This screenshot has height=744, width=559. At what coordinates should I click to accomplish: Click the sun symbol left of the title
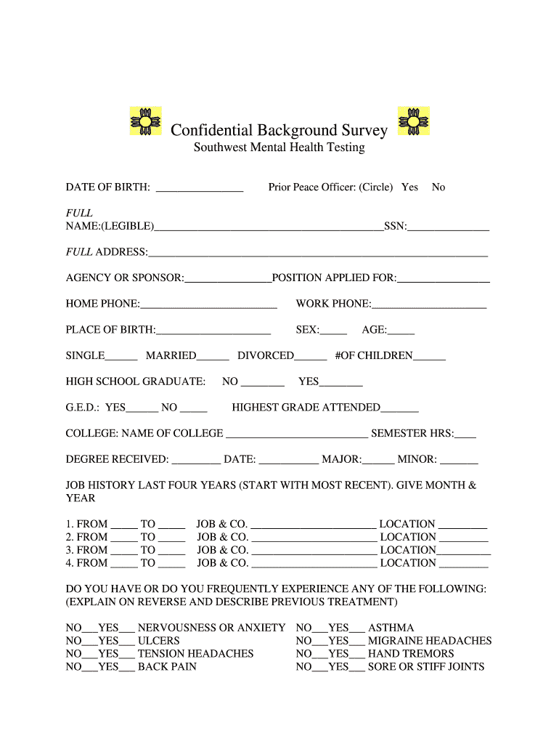point(145,121)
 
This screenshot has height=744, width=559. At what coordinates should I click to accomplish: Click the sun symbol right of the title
point(414,121)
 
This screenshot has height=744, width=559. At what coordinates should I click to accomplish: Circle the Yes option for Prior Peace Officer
point(409,187)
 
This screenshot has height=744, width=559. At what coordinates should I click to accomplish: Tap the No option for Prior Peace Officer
point(438,187)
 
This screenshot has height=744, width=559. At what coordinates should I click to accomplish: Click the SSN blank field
point(448,227)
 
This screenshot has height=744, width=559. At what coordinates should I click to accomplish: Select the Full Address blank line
point(317,253)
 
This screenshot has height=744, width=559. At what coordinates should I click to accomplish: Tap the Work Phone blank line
point(428,304)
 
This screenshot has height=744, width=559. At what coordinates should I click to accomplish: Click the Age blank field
point(401,331)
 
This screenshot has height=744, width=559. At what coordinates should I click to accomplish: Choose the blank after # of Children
point(429,356)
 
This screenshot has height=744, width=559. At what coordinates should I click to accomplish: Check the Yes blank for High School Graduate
point(340,382)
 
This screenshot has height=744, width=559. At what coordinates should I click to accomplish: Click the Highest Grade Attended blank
point(399,408)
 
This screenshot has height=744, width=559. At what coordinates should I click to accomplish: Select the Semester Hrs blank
point(465,434)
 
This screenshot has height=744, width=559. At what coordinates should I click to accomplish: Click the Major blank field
point(378,460)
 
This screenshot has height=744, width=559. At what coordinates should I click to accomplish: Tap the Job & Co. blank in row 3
point(314,551)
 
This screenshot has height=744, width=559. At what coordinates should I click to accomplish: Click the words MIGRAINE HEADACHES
point(430,641)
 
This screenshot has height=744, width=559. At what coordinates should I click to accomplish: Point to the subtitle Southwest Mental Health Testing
point(279,148)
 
